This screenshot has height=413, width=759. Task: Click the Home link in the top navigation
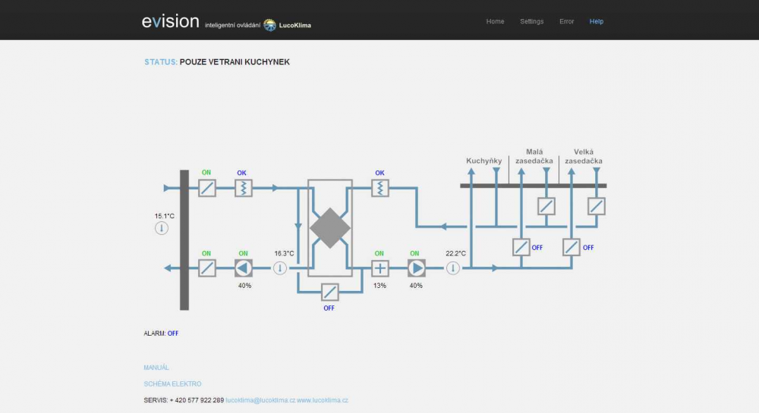[x=495, y=21]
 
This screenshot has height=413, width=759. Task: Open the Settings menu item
[x=531, y=21]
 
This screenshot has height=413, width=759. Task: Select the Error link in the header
[x=566, y=21]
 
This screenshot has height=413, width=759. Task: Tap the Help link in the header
[x=597, y=21]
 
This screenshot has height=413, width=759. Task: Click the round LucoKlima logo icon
[x=269, y=25]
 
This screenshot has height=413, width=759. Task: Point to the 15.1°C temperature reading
[x=165, y=216]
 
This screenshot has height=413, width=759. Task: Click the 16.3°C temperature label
[x=284, y=253]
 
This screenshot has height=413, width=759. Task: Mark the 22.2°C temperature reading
[x=456, y=253]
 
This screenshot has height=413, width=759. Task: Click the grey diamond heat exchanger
[x=330, y=228]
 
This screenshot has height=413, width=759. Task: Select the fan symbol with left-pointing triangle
[x=244, y=268]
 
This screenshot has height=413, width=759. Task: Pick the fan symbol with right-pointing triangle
[x=416, y=268]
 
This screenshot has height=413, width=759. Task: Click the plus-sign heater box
[x=380, y=268]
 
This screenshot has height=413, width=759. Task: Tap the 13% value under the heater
[x=380, y=286]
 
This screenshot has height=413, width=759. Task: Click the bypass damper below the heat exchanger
[x=329, y=292]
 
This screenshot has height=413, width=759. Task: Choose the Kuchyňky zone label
[x=484, y=161]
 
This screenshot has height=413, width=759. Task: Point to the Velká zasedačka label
[x=584, y=157]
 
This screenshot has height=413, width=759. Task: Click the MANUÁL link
[x=156, y=368]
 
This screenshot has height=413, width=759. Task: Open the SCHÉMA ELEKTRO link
[x=172, y=384]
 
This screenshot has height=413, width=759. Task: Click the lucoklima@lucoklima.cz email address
[x=260, y=400]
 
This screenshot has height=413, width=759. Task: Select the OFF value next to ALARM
[x=173, y=333]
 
